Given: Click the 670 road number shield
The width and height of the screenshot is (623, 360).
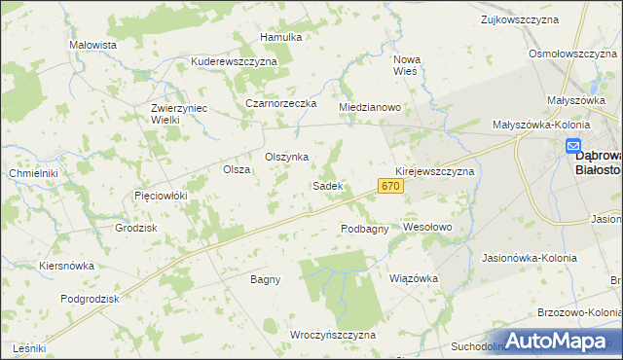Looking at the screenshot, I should click(x=390, y=186).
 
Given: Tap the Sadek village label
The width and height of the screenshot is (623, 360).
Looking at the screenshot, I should click(x=326, y=186).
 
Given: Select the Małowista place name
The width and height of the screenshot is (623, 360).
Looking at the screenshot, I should click(x=93, y=45).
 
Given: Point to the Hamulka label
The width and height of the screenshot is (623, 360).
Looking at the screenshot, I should click(x=281, y=37).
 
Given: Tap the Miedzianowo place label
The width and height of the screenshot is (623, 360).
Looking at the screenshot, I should click(x=370, y=107).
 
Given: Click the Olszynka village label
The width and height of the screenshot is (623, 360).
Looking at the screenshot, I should click(x=287, y=157).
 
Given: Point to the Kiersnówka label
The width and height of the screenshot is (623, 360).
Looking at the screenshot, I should click(x=66, y=265).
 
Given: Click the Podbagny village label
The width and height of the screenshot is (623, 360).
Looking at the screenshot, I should click(x=365, y=229).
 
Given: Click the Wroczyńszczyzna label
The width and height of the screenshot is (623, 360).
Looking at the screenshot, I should click(x=333, y=335).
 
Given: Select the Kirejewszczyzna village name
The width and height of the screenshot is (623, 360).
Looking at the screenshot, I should click(x=434, y=171).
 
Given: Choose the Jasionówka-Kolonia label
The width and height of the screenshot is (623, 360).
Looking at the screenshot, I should click(x=530, y=258).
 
